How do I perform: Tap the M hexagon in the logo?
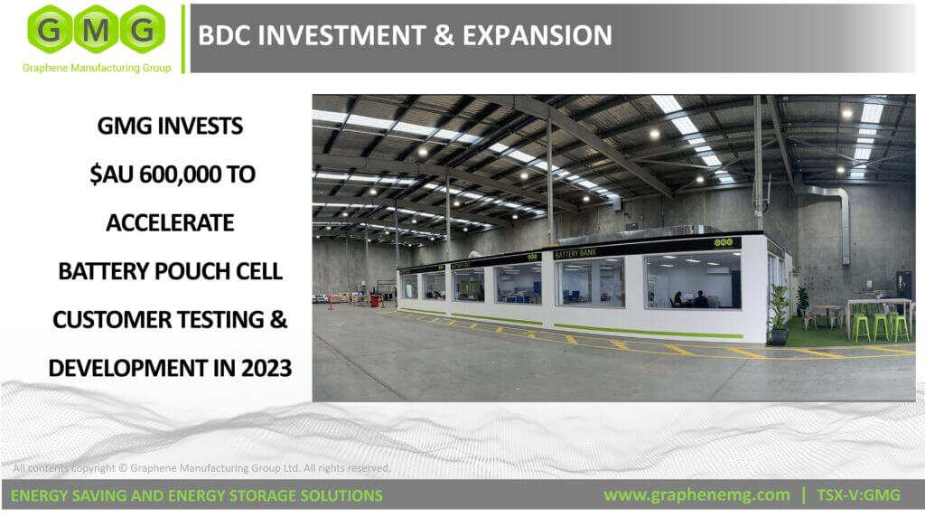[x=96, y=29]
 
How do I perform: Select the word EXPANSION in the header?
[x=537, y=35]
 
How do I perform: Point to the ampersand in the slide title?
[x=444, y=35]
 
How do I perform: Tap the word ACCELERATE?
[x=170, y=223]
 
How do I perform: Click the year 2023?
[x=266, y=368]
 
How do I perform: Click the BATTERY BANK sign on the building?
[x=575, y=253]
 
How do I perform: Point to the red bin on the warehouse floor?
[x=376, y=300]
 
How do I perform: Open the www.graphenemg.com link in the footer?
[x=696, y=494]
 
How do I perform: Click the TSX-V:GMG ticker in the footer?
[x=858, y=494]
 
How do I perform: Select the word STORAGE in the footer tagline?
[x=259, y=495]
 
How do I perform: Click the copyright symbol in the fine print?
[x=123, y=468]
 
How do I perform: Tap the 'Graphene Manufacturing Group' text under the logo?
[x=97, y=68]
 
